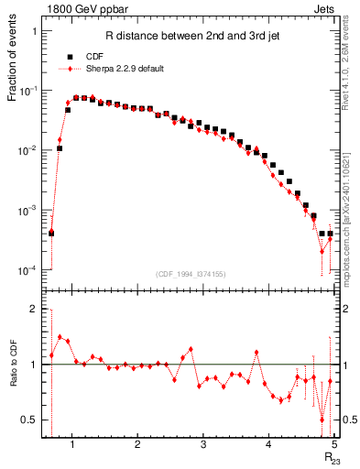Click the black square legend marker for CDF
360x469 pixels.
tap(70, 56)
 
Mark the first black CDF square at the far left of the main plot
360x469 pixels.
tap(51, 233)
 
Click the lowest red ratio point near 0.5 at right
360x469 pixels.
tap(322, 420)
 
